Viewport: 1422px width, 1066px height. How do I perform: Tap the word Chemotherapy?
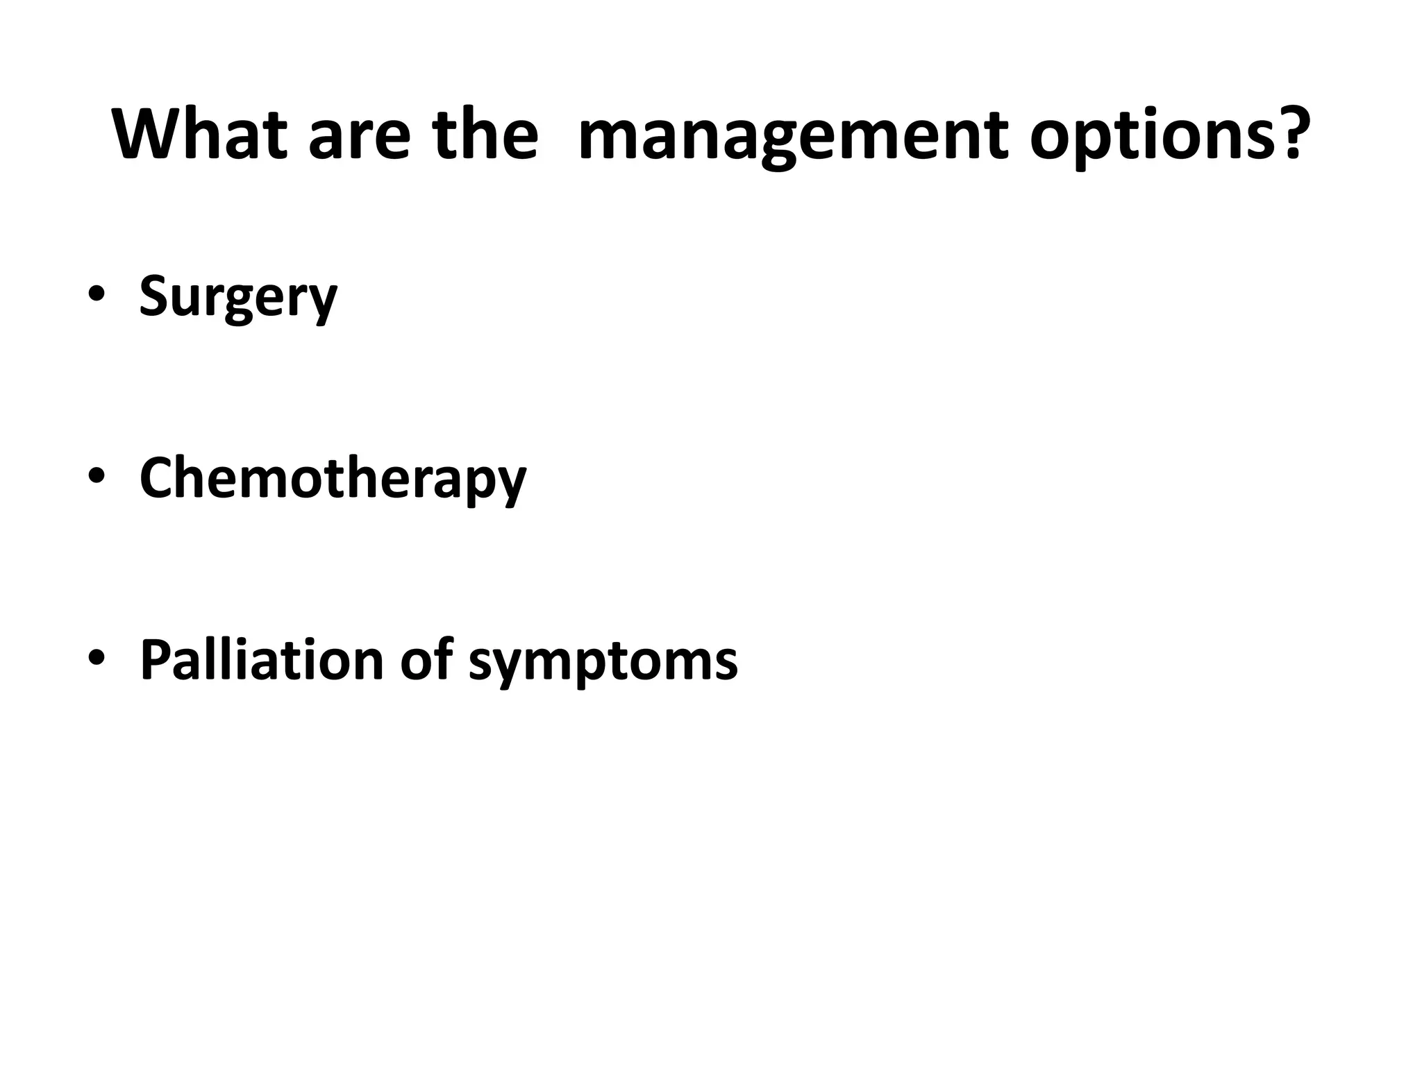point(333,478)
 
